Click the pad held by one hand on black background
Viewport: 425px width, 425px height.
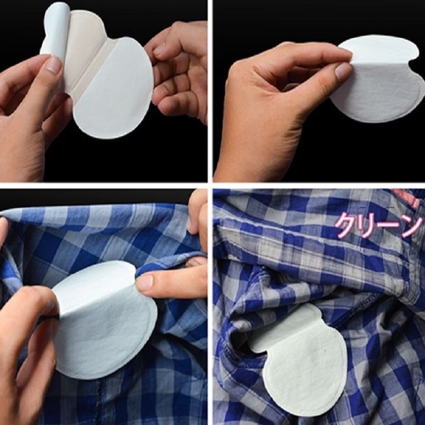click(378, 83)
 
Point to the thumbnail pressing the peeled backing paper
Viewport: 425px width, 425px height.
click(54, 65)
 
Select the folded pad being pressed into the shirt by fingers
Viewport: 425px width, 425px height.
click(103, 319)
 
